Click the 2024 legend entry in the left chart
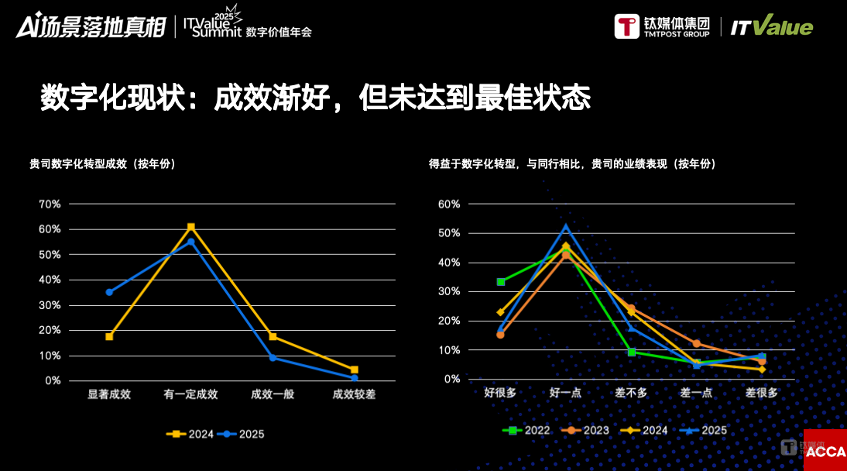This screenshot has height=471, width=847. coord(190,435)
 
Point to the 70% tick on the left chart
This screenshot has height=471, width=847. coord(50,204)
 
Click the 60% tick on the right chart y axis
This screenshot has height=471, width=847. coord(449,204)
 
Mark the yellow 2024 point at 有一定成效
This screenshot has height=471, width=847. coord(190,227)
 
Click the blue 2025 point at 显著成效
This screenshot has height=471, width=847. coord(109,292)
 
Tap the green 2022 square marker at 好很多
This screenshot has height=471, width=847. coord(501,282)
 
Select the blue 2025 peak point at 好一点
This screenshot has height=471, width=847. coord(566,227)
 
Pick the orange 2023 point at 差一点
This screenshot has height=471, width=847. coord(697,343)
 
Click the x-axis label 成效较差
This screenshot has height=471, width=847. coord(354,394)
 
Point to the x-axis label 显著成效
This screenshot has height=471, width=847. coord(109,394)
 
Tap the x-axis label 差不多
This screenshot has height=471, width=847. coord(631,393)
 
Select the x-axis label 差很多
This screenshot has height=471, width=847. coord(762,393)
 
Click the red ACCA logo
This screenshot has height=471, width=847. coord(825,451)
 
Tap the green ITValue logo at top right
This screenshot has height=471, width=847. coord(772,27)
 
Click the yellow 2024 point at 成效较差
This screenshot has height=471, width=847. coord(354,370)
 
